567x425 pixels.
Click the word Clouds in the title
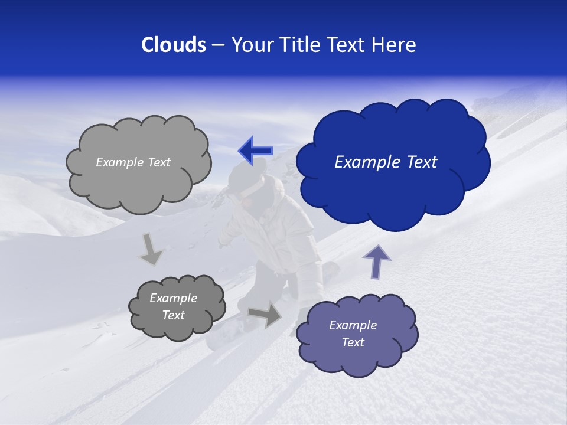(x=173, y=45)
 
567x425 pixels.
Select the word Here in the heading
(x=395, y=45)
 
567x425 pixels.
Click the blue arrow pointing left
(x=255, y=151)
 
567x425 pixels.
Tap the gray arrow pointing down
(x=151, y=250)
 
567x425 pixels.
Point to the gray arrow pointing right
(x=265, y=314)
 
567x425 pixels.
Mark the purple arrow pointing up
(x=377, y=261)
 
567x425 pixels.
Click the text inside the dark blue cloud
(x=386, y=162)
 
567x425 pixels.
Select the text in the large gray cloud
(x=133, y=162)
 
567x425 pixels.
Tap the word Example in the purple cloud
(x=353, y=325)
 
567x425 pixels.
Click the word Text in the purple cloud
(x=353, y=342)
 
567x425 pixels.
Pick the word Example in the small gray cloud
(x=173, y=298)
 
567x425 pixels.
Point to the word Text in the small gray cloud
(x=173, y=315)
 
